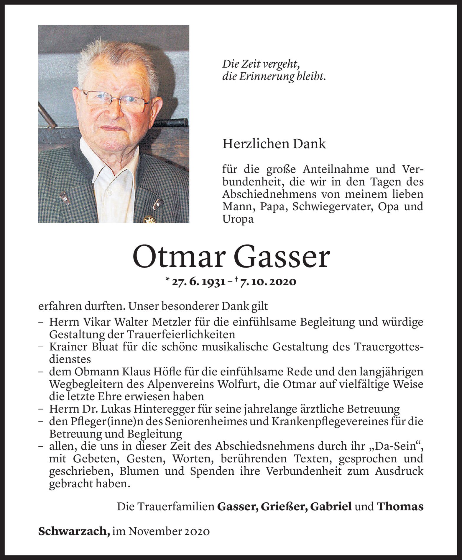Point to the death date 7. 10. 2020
point(268,282)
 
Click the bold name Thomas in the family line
point(400,507)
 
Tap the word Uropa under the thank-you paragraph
point(238,219)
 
